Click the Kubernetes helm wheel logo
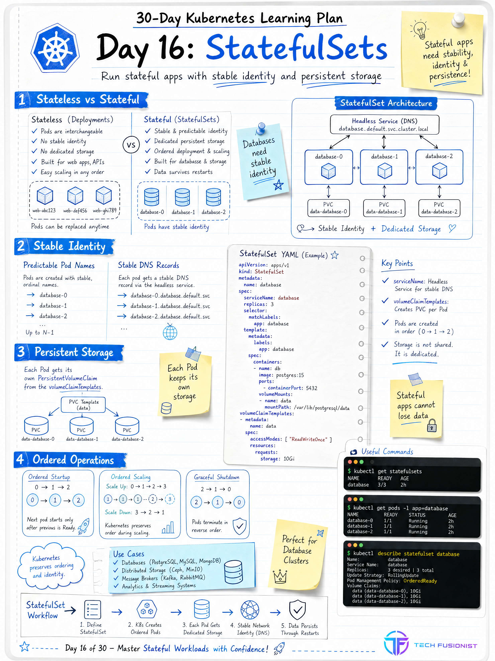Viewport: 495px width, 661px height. pyautogui.click(x=55, y=48)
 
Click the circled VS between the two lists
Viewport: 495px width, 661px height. pyautogui.click(x=131, y=145)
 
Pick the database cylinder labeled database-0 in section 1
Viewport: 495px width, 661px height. pyautogui.click(x=151, y=197)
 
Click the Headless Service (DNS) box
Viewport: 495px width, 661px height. pyautogui.click(x=384, y=125)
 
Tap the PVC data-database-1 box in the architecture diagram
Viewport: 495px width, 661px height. pyautogui.click(x=384, y=208)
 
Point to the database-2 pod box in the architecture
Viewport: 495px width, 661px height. pyautogui.click(x=439, y=167)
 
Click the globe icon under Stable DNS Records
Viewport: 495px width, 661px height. pyautogui.click(x=170, y=332)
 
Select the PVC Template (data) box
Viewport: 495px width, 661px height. pyautogui.click(x=83, y=405)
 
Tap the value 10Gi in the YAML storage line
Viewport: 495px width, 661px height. pyautogui.click(x=289, y=459)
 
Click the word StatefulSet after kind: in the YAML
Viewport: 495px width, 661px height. pyautogui.click(x=269, y=272)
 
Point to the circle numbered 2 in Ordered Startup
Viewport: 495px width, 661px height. pyautogui.click(x=78, y=500)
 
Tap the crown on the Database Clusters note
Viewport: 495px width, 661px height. pyautogui.click(x=280, y=576)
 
